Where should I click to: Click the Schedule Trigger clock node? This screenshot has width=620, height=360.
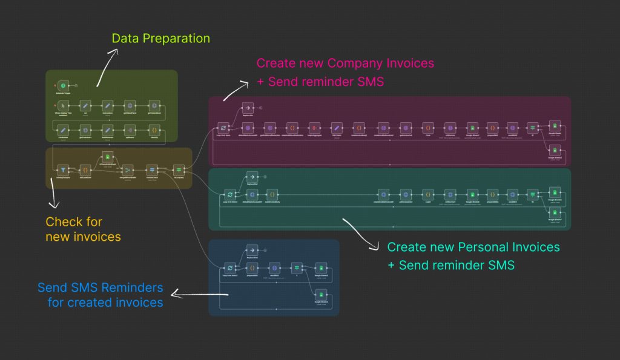point(64,86)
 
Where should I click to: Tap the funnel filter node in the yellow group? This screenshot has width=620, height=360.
point(63,170)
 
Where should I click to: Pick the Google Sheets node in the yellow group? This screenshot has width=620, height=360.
point(107,157)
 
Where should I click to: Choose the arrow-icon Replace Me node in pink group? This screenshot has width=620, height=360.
point(247,108)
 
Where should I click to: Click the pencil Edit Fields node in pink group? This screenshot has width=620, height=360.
point(337,128)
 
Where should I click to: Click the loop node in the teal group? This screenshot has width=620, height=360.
point(230,195)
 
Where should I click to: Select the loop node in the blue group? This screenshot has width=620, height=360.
point(230,267)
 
